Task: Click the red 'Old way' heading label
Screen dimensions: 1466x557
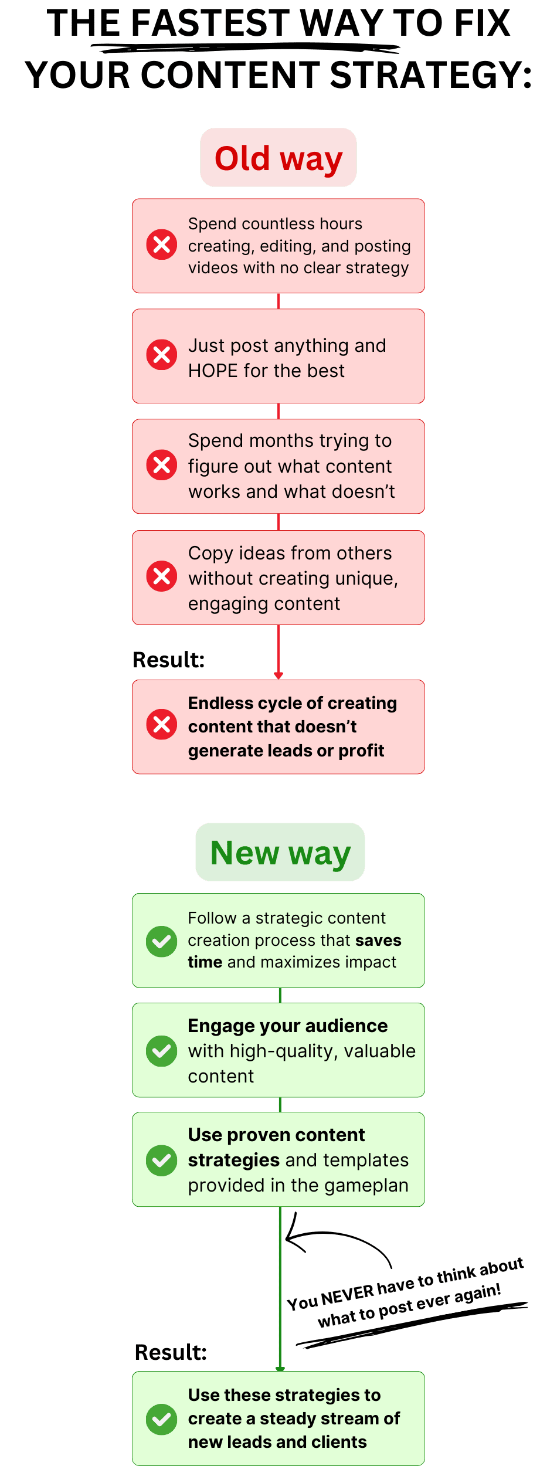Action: click(x=278, y=158)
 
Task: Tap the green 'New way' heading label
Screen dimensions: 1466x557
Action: click(x=280, y=853)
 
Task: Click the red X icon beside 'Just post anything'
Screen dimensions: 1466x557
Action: click(x=162, y=355)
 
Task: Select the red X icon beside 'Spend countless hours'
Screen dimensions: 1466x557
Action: click(x=162, y=245)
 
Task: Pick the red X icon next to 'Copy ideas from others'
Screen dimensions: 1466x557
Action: click(x=162, y=576)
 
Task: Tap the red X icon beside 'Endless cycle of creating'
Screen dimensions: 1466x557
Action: click(x=162, y=725)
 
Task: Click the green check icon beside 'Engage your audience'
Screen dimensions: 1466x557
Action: click(x=162, y=1051)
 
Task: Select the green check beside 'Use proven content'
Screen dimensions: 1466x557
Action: click(x=162, y=1160)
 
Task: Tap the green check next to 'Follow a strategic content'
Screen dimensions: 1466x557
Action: click(x=162, y=941)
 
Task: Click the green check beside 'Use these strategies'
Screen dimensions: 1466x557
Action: click(x=162, y=1419)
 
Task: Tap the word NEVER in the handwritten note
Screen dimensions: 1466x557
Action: click(x=347, y=1295)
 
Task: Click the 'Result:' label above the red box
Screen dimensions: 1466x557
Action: click(x=168, y=660)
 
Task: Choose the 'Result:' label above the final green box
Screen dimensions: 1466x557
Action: click(x=171, y=1352)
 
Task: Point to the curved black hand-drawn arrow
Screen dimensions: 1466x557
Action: click(x=334, y=1240)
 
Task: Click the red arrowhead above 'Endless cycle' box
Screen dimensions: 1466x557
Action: click(x=278, y=675)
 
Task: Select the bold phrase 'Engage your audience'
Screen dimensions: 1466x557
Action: click(x=287, y=1026)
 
